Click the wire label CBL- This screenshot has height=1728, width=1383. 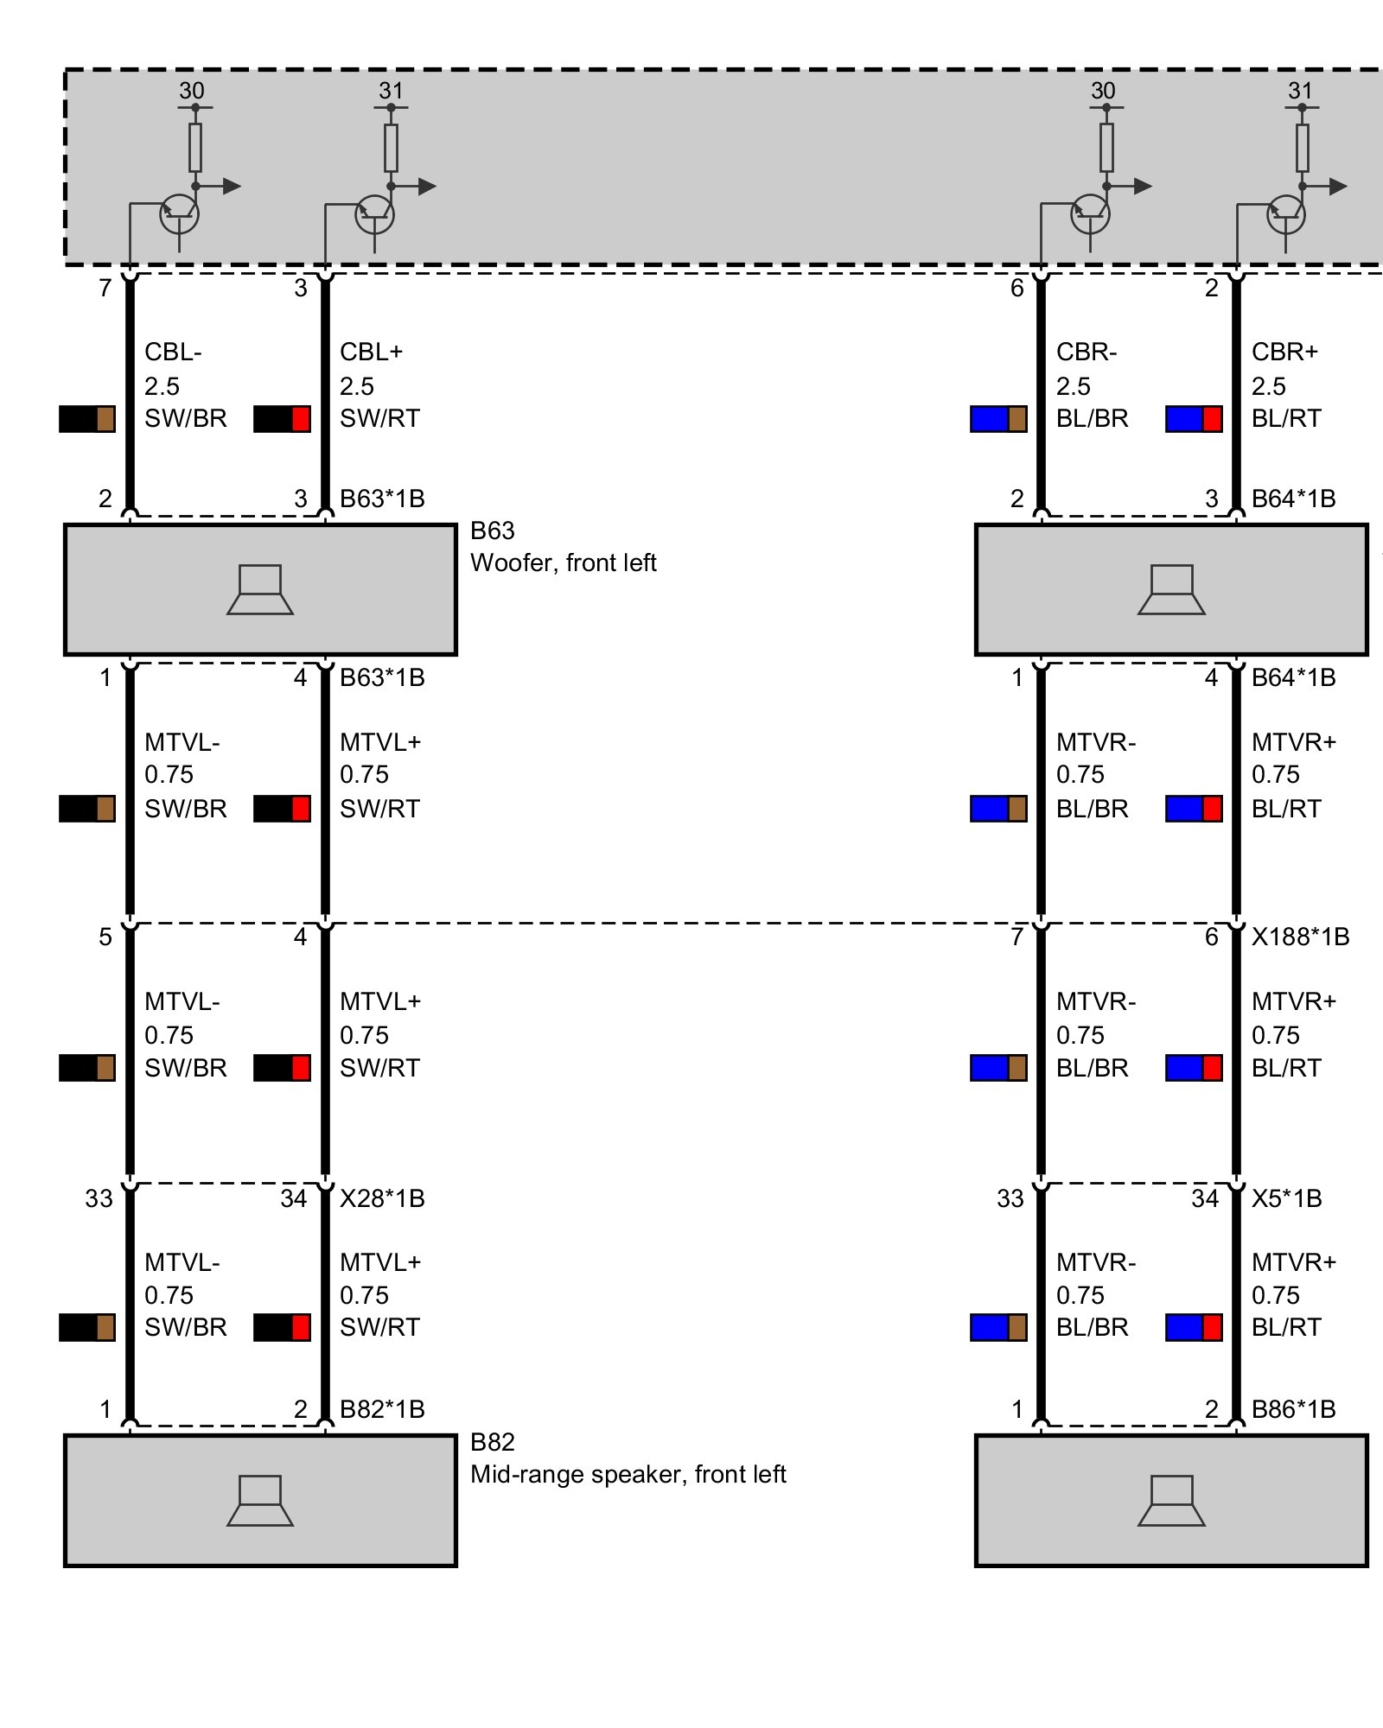tap(173, 353)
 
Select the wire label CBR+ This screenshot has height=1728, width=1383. tap(1284, 353)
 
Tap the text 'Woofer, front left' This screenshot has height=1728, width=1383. tap(563, 563)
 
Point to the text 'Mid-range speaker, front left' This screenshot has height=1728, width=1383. tap(628, 1474)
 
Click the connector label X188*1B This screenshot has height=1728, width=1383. tap(1300, 937)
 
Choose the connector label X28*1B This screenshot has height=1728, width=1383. tap(382, 1198)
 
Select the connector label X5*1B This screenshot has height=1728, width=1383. tap(1286, 1198)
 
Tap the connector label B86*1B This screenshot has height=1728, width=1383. tap(1293, 1409)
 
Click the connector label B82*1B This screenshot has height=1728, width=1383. tap(382, 1409)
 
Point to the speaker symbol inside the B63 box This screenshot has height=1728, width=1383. tap(260, 590)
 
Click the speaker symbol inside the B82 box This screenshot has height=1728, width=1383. tap(260, 1501)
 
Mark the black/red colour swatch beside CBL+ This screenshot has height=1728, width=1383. tap(282, 419)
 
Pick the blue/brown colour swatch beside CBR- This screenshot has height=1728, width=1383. tap(998, 419)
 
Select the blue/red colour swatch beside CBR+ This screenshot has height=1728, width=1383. tap(1194, 419)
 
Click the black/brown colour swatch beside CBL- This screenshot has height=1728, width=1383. tap(86, 419)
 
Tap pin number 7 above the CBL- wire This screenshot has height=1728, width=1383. tap(105, 289)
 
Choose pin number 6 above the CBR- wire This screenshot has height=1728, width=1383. tap(1017, 289)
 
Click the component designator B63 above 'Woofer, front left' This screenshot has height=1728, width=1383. tap(493, 530)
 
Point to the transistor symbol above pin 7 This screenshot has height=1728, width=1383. tap(179, 213)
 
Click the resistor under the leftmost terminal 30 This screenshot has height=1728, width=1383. tap(195, 148)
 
